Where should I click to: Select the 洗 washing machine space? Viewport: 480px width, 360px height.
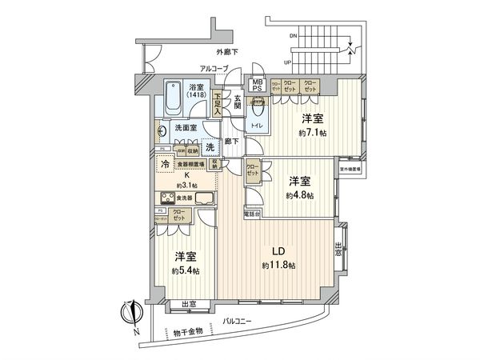tap(210, 146)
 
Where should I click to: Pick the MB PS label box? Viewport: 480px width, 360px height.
tap(258, 84)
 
